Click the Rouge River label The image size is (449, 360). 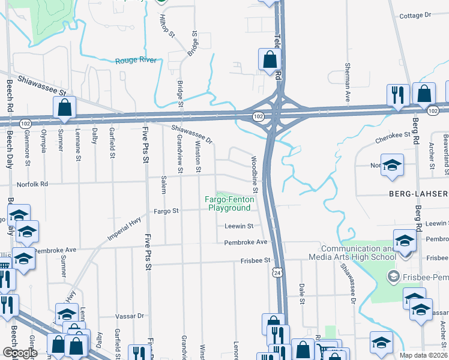(136, 60)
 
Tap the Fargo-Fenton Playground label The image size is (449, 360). (228, 203)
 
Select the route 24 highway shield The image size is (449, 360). (276, 272)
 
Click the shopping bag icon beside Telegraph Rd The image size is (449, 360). (270, 59)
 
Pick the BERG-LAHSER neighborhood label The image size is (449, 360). (418, 193)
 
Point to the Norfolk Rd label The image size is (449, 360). (31, 185)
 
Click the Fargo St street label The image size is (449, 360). (167, 211)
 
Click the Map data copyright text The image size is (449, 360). (423, 355)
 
